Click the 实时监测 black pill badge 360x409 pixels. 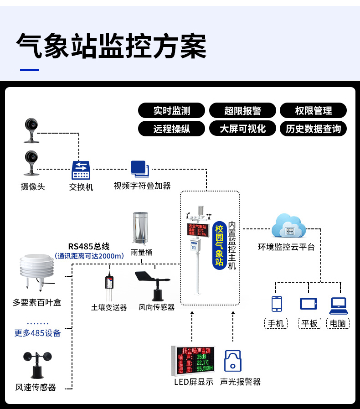[172, 110]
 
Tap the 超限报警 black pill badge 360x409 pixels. [242, 110]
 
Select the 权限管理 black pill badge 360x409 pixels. [313, 110]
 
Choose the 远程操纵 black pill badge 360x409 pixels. [172, 129]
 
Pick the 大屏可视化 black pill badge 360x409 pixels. [242, 129]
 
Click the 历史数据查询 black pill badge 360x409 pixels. [313, 129]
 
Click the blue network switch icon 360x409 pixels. [81, 170]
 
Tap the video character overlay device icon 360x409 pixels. [139, 169]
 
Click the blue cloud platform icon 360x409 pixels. [288, 226]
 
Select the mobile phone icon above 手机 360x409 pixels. [277, 304]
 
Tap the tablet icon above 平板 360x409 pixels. [309, 304]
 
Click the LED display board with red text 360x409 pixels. [192, 361]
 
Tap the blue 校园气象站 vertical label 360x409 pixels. [219, 245]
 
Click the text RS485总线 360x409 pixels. [89, 247]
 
